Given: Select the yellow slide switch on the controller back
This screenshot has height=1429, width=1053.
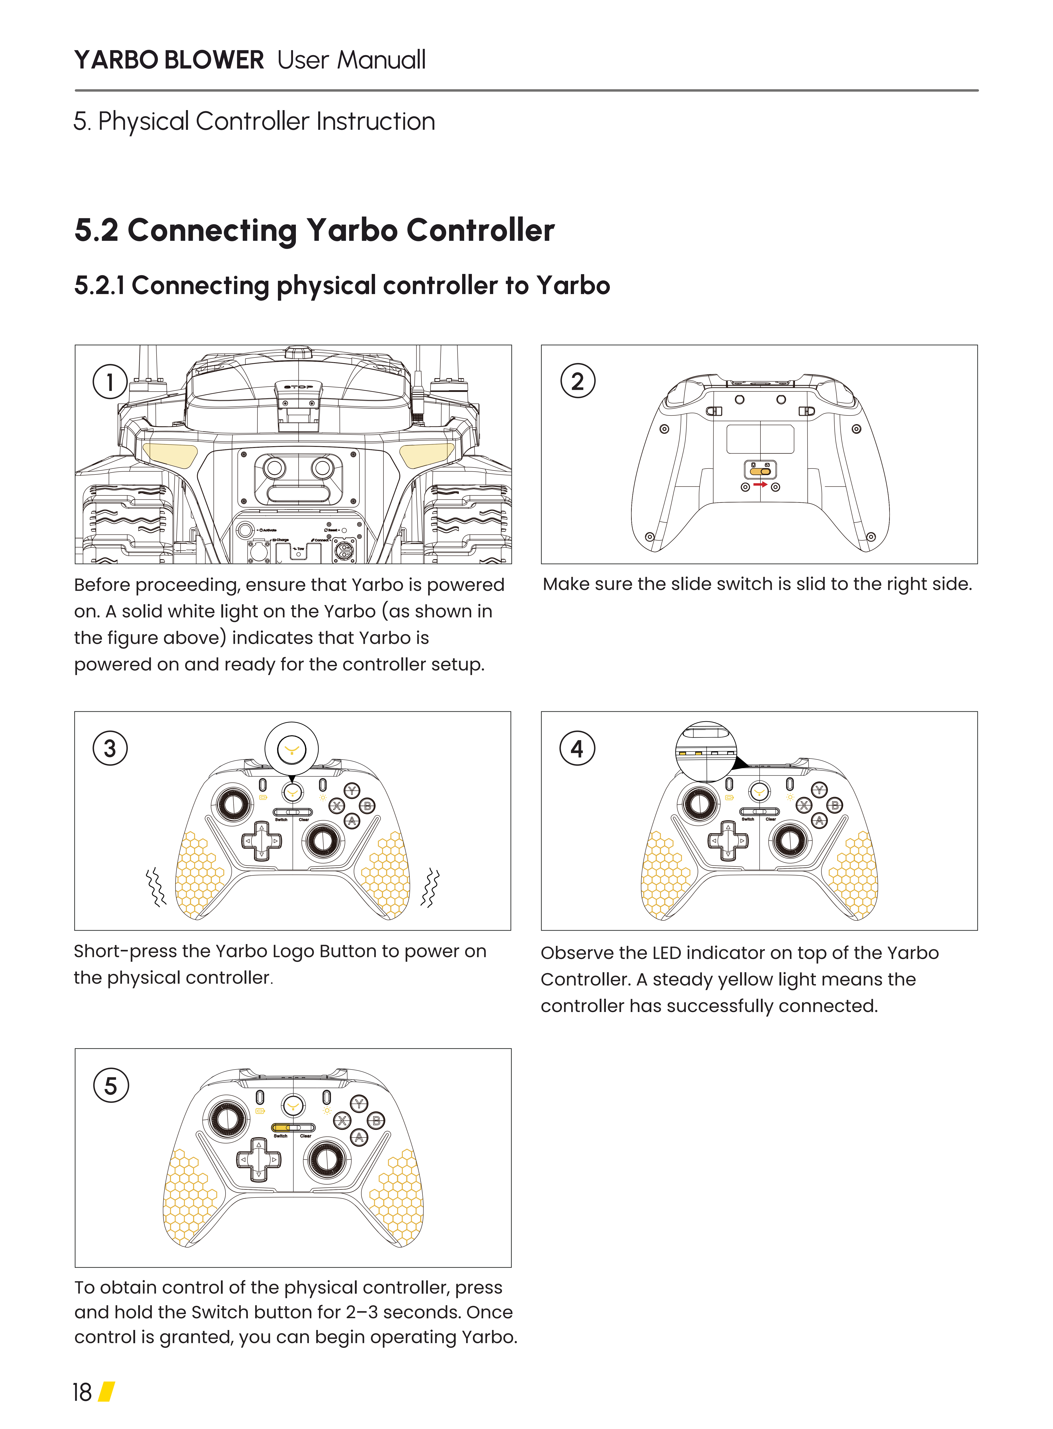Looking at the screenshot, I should point(760,472).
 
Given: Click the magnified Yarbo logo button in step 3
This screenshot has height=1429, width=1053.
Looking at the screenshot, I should point(291,749).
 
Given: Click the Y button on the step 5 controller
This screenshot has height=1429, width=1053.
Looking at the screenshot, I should point(360,1104).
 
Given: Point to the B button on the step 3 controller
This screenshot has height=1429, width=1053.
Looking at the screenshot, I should point(368,806).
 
